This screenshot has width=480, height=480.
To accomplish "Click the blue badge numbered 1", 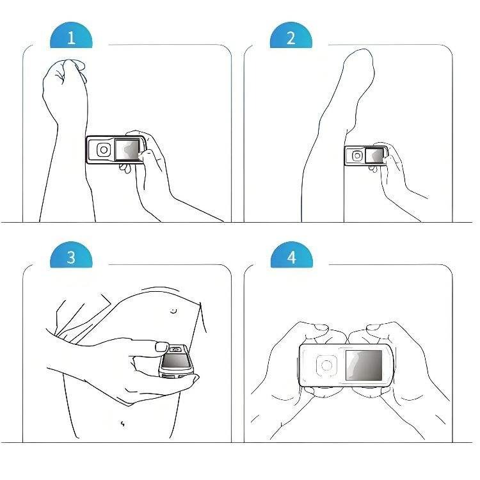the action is tap(71, 35).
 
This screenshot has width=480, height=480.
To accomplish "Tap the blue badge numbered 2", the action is tap(291, 35).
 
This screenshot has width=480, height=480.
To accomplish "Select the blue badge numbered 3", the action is tap(71, 255).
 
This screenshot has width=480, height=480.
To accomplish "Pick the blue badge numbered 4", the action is tap(291, 255).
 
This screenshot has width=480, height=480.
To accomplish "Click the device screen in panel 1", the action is tap(127, 149).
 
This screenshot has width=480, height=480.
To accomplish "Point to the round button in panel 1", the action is tap(104, 150).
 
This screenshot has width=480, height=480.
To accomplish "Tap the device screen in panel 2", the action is tap(374, 156).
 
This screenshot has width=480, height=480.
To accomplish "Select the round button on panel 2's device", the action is tap(357, 156).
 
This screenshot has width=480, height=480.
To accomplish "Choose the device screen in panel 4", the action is tap(364, 365).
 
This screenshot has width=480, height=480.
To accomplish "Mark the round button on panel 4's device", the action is tap(326, 365).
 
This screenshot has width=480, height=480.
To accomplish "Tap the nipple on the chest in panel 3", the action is tap(173, 311).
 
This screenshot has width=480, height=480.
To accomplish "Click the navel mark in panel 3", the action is tap(123, 424).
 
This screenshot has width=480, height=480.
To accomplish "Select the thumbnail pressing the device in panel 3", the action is tap(162, 347).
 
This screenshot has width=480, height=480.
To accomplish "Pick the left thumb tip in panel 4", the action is tap(322, 328).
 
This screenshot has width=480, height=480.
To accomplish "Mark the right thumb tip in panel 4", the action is tap(374, 328).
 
